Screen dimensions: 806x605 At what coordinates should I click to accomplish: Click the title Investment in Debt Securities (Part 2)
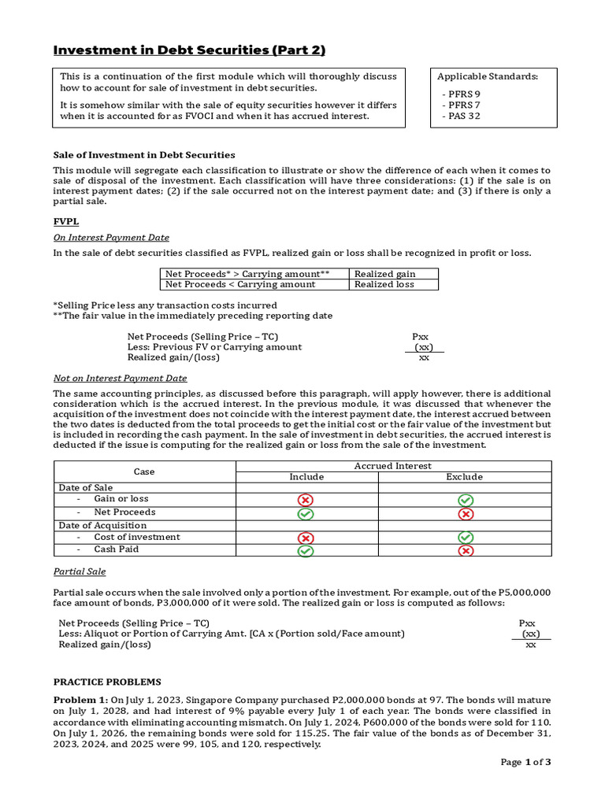[x=189, y=50]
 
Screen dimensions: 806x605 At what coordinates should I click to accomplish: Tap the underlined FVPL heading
[x=65, y=222]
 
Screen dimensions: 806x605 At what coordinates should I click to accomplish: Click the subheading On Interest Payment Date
[x=111, y=238]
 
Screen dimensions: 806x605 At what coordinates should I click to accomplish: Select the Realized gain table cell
[x=384, y=274]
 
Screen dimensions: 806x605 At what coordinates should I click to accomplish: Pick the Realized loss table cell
[x=384, y=284]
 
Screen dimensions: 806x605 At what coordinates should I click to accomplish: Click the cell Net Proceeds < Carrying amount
[x=240, y=284]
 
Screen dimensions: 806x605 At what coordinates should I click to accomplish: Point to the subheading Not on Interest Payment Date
[x=120, y=378]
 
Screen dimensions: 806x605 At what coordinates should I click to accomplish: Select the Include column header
[x=306, y=477]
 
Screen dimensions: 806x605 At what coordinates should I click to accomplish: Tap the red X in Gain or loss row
[x=306, y=500]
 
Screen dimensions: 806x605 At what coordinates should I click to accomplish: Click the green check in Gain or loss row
[x=465, y=500]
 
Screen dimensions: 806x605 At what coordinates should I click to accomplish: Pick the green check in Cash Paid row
[x=306, y=550]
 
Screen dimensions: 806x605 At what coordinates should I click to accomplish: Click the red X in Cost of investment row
[x=306, y=538]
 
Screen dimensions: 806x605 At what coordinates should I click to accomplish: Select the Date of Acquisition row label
[x=102, y=525]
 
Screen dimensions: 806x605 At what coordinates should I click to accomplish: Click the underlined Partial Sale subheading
[x=79, y=571]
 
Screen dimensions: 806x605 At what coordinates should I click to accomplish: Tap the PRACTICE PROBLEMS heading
[x=107, y=682]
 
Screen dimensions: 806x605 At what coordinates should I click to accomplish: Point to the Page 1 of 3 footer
[x=525, y=762]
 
